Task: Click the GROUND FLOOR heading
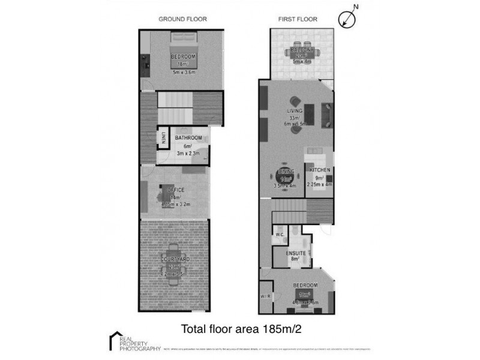pyautogui.click(x=182, y=19)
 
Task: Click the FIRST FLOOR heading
pyautogui.click(x=298, y=19)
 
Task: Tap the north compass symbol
pyautogui.click(x=347, y=19)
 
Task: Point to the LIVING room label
pyautogui.click(x=295, y=110)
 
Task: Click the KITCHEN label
pyautogui.click(x=320, y=170)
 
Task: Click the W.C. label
pyautogui.click(x=279, y=235)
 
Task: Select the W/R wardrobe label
pyautogui.click(x=266, y=297)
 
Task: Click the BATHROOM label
pyautogui.click(x=188, y=138)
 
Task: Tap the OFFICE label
pyautogui.click(x=176, y=190)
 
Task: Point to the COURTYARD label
pyautogui.click(x=176, y=260)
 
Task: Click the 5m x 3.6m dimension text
pyautogui.click(x=184, y=73)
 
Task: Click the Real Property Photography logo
pyautogui.click(x=134, y=341)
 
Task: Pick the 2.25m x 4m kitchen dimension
pyautogui.click(x=320, y=185)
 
